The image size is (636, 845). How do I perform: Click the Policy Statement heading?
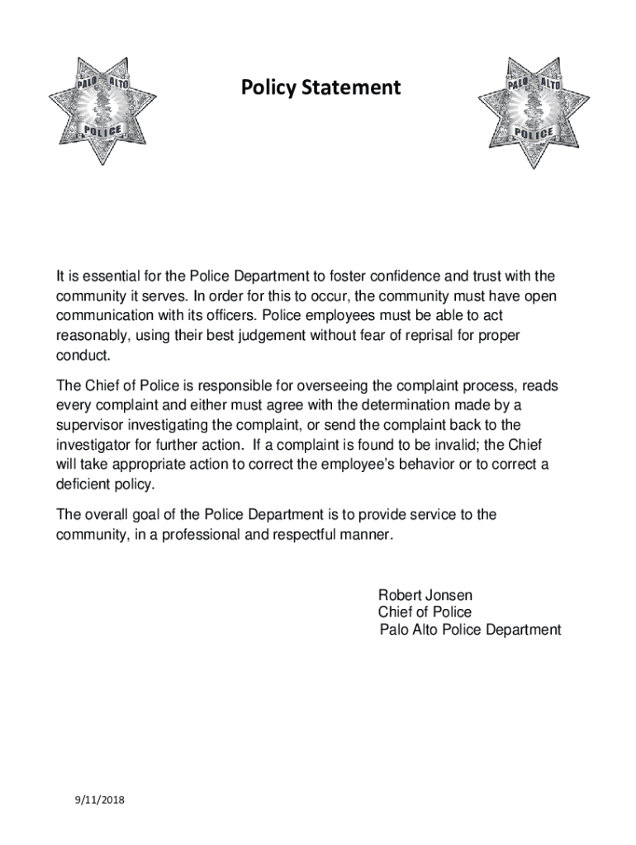coord(320,87)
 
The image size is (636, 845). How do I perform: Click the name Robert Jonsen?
coord(425,595)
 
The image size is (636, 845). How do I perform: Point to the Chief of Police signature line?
coord(425,612)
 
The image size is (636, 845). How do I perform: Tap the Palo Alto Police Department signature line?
coord(470,630)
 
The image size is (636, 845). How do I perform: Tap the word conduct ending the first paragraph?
coord(81,356)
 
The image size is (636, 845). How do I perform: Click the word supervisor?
coord(90,425)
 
